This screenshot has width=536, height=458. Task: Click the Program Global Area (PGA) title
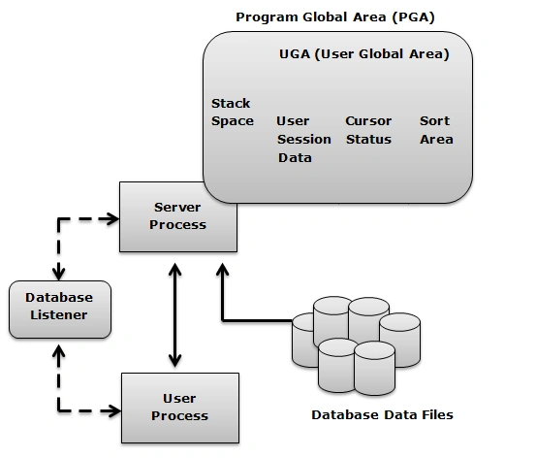(x=335, y=17)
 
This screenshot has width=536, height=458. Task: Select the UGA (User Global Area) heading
(x=364, y=54)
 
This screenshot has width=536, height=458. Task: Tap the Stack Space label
(x=233, y=113)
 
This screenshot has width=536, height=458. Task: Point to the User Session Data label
(x=304, y=140)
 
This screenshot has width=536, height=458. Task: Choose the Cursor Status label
(x=368, y=130)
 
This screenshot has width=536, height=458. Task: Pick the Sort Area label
(x=436, y=130)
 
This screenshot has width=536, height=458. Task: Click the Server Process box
(x=178, y=217)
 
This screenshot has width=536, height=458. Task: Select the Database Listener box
(x=60, y=310)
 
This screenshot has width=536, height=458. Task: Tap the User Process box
(x=180, y=408)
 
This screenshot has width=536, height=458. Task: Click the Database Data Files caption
(x=382, y=415)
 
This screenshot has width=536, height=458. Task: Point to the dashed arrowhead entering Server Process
(x=112, y=219)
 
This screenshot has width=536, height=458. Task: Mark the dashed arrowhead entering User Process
(x=114, y=410)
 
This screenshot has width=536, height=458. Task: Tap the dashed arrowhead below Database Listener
(x=59, y=352)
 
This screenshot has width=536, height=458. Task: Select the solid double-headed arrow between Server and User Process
(x=175, y=315)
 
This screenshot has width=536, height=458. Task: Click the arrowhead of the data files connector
(x=223, y=270)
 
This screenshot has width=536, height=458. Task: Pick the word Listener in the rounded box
(x=59, y=315)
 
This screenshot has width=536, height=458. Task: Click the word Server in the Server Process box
(x=177, y=207)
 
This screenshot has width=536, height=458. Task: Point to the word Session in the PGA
(x=304, y=140)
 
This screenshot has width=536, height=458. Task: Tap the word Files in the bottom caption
(x=437, y=415)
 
